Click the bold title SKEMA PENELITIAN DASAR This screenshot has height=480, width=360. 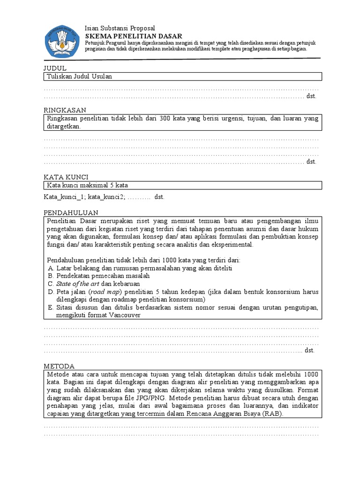coord(133,36)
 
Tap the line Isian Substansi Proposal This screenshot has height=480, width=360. coord(120,29)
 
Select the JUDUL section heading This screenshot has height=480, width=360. coord(55,68)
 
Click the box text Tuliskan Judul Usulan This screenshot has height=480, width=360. coord(79,76)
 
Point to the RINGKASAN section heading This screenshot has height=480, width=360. coord(65,110)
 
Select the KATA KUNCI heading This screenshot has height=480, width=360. coord(66,177)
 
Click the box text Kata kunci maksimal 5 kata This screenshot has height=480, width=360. coord(87,185)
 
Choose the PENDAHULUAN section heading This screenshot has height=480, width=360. coord(71,212)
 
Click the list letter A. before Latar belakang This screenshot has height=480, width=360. coord(51,268)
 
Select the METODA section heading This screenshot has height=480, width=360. coord(59,366)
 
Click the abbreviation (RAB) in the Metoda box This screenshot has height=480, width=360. coord(273,414)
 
